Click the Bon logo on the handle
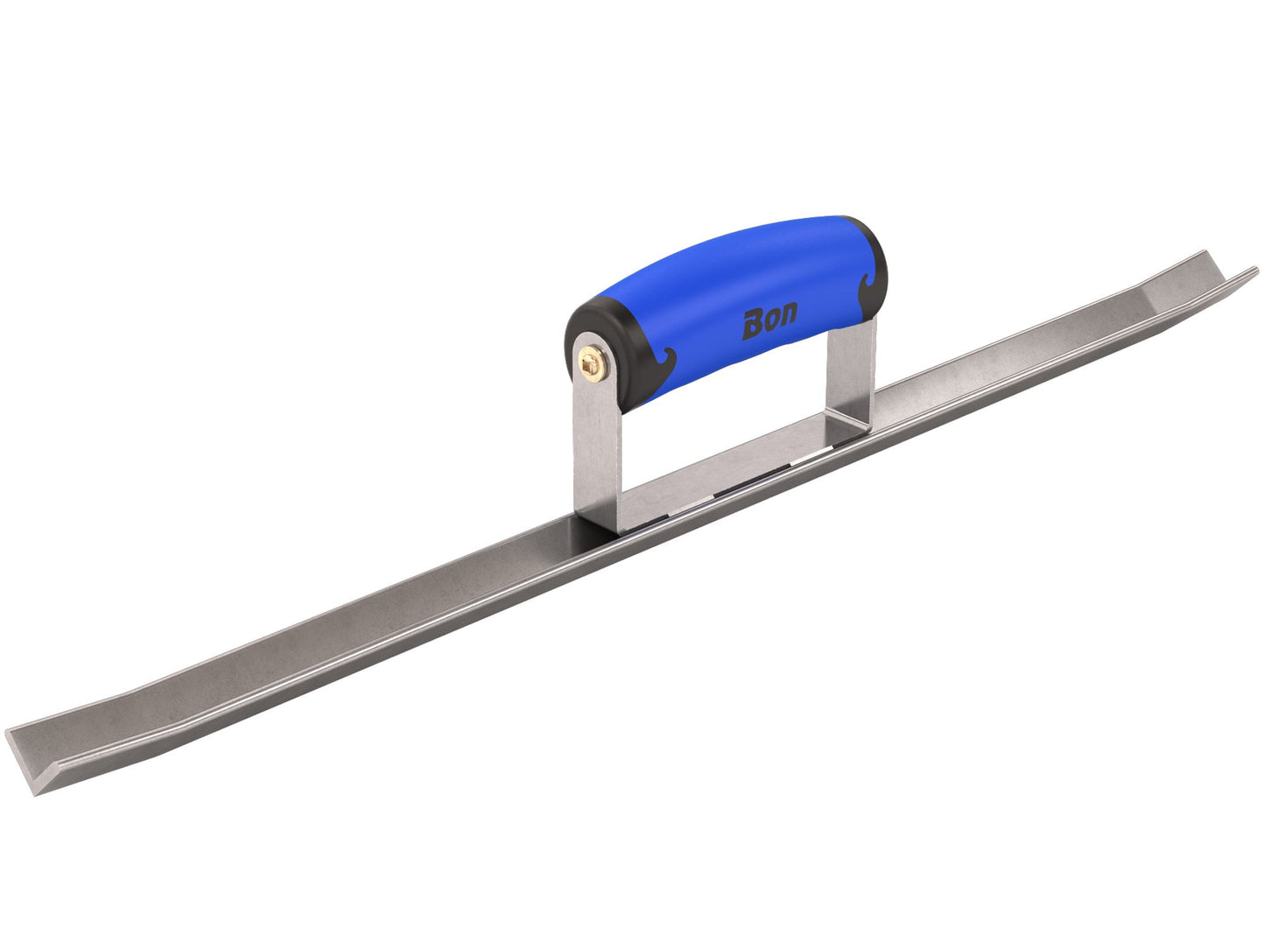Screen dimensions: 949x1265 [x=770, y=322]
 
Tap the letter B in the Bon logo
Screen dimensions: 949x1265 [x=753, y=326]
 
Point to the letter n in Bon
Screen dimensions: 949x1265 [x=788, y=316]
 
